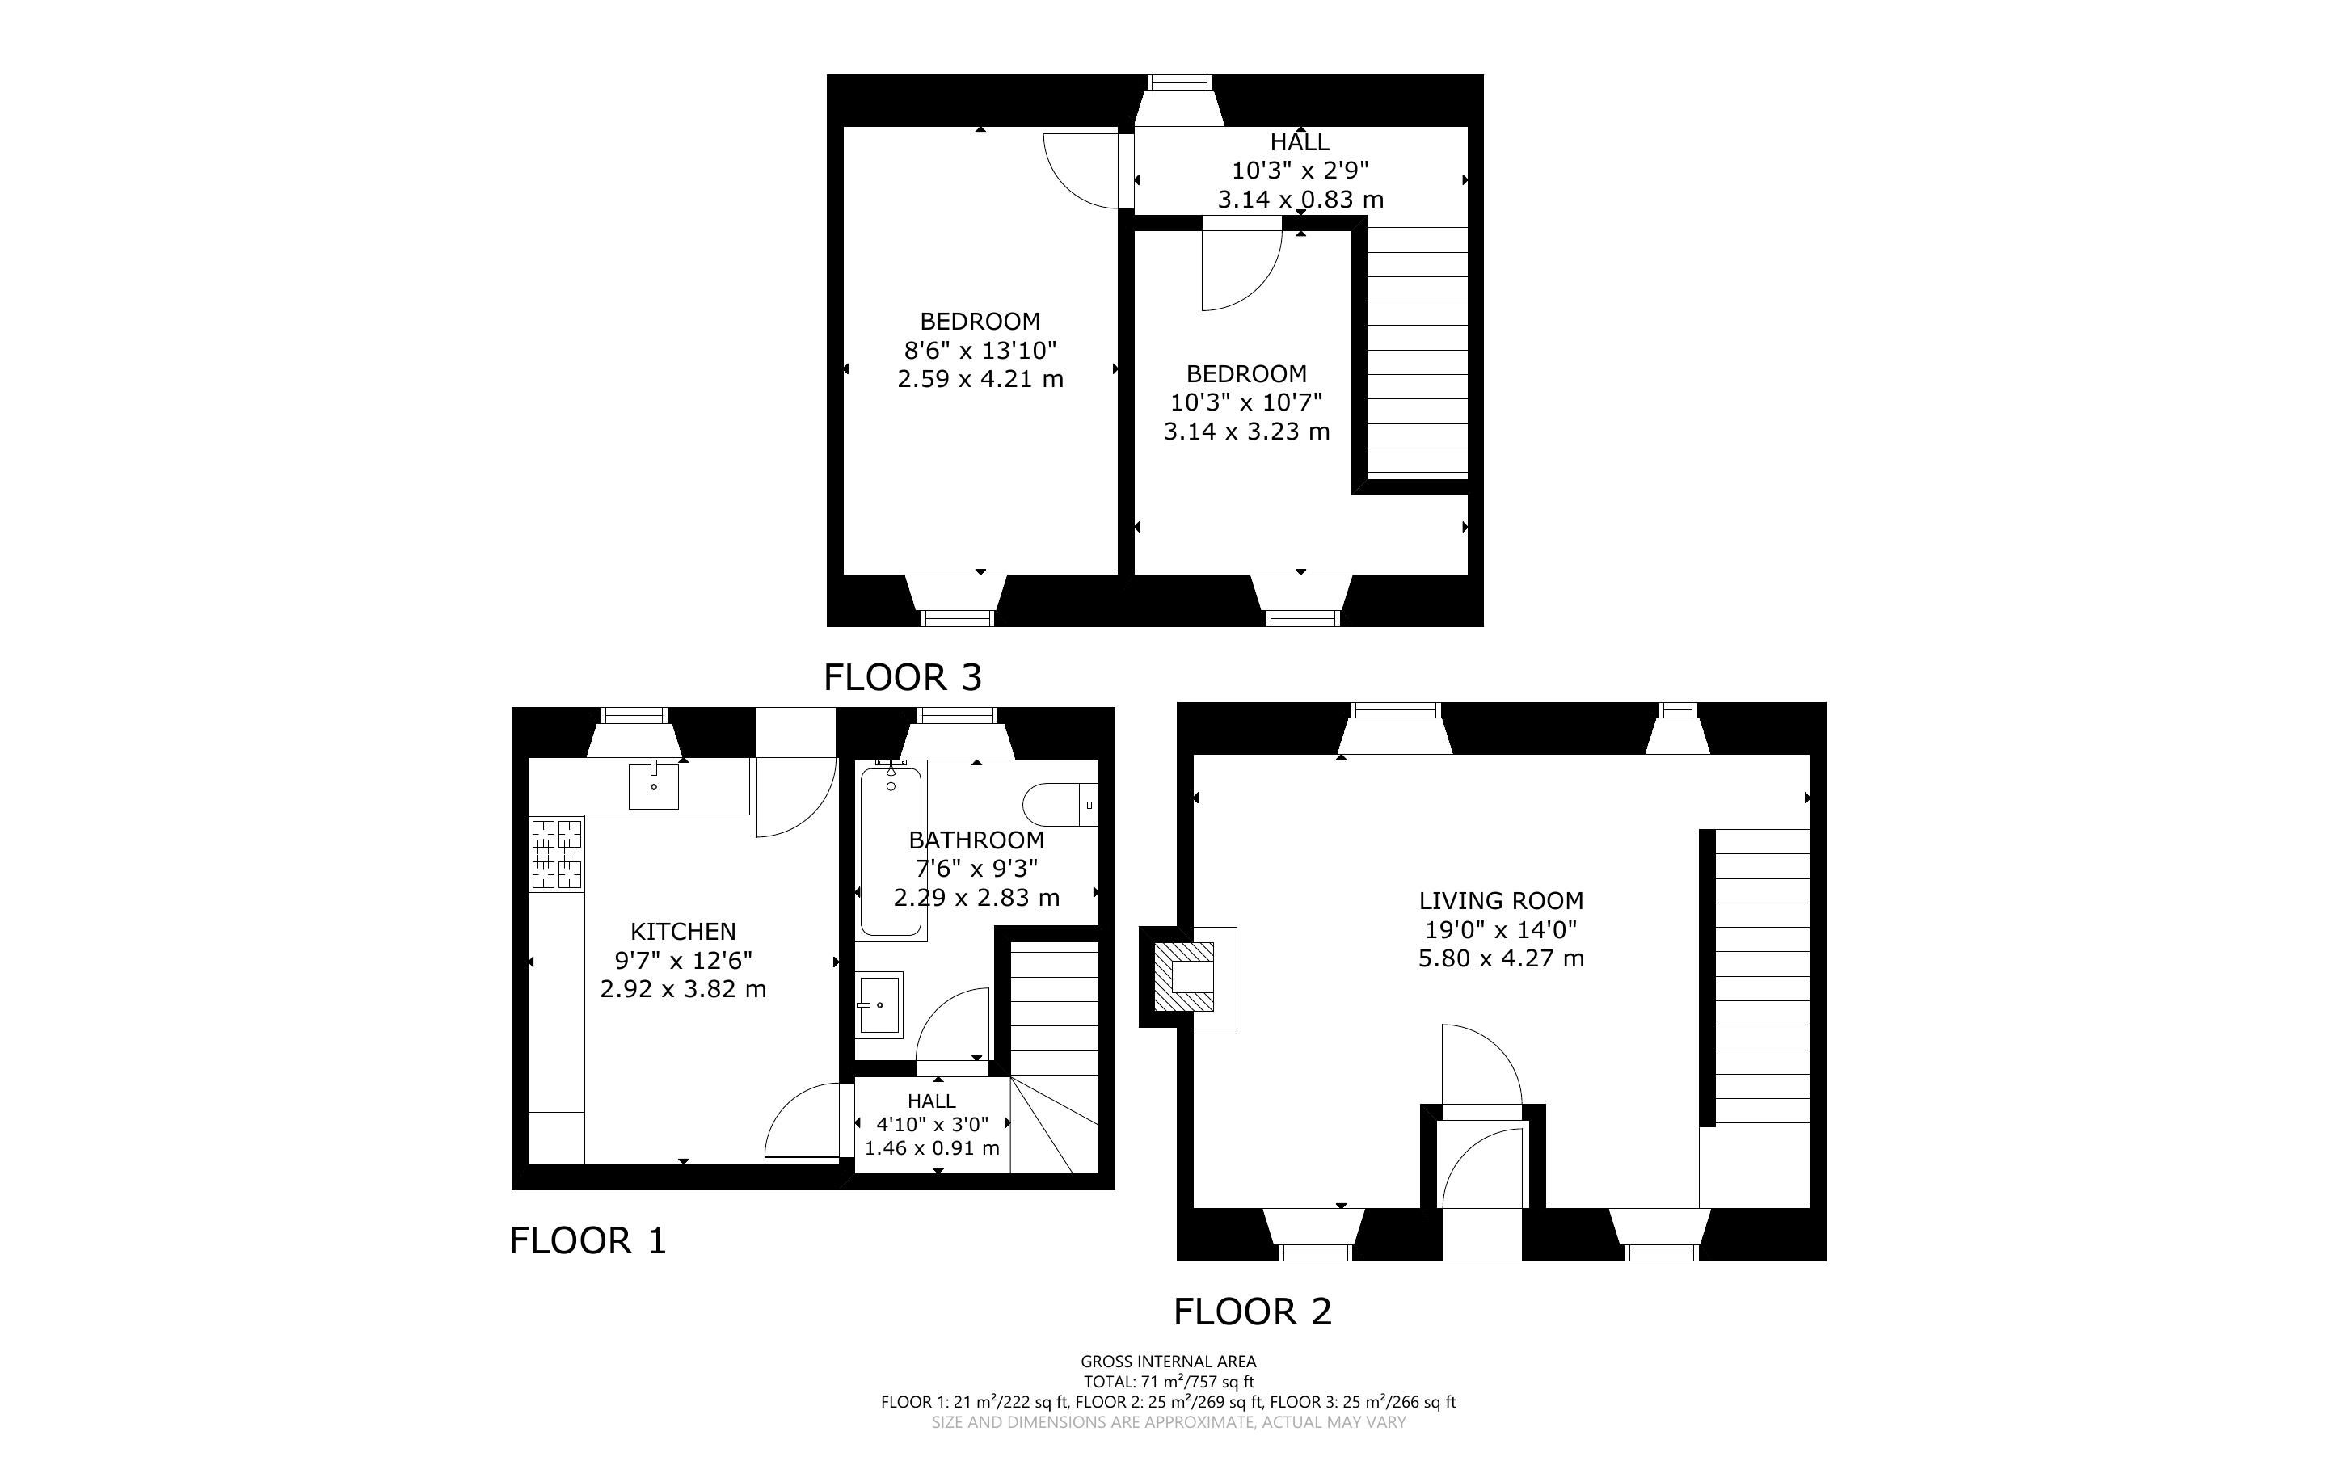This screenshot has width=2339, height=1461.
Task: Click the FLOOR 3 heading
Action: click(x=902, y=677)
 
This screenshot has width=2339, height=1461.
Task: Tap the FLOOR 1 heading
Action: click(x=588, y=1240)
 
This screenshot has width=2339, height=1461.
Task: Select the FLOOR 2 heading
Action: click(x=1252, y=1312)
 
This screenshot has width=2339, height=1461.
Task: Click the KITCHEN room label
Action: click(x=683, y=932)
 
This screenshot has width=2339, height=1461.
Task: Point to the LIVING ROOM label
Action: click(x=1500, y=900)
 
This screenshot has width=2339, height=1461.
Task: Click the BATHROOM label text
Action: click(x=977, y=840)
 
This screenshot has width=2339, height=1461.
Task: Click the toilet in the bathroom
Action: click(x=1060, y=804)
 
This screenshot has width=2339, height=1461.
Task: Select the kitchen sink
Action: click(x=653, y=785)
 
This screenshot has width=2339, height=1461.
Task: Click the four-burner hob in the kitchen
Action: click(x=557, y=854)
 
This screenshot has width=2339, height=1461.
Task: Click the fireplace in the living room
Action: click(x=1187, y=976)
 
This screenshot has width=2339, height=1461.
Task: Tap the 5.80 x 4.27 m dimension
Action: click(x=1500, y=958)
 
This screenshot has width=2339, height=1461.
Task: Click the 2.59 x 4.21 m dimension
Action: click(x=980, y=379)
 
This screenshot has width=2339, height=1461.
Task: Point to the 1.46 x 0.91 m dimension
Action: click(x=931, y=1149)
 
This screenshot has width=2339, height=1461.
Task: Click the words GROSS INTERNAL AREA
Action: click(x=1168, y=1362)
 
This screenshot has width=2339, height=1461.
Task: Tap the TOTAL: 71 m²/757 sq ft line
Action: click(x=1168, y=1382)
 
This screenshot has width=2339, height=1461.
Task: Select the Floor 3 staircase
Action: click(x=1418, y=352)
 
